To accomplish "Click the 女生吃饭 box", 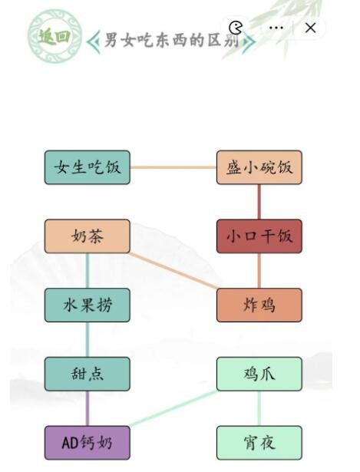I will [87, 167].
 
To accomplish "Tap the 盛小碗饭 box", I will [259, 167].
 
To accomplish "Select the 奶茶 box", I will [87, 236].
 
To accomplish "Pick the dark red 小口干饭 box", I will [259, 236].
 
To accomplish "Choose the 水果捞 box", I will [87, 305].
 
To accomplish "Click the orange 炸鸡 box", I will [259, 305].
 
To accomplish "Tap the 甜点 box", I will [87, 374].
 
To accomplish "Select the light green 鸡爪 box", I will [259, 374].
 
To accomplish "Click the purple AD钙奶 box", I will [87, 443].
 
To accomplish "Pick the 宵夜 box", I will [259, 443].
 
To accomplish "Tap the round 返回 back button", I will [54, 35].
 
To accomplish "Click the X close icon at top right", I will [310, 28].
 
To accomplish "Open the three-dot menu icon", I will [276, 28].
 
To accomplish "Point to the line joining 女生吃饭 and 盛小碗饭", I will [173, 167].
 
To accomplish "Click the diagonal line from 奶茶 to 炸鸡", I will [173, 271].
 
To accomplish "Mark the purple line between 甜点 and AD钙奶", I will [87, 408].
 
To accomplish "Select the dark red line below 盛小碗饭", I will [259, 202].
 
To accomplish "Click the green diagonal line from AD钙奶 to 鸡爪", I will [173, 408].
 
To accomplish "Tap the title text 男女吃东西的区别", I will [173, 41].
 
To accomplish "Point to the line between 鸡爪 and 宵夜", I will [259, 408].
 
